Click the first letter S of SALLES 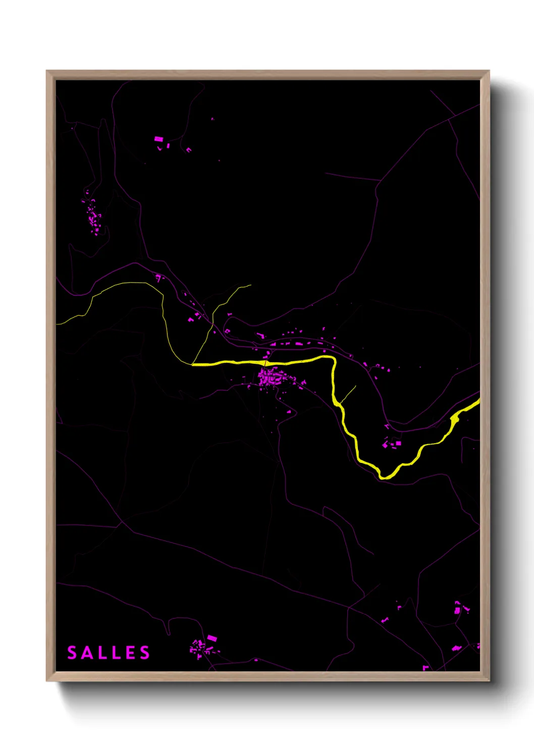tap(72, 653)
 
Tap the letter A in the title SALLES tap(87, 653)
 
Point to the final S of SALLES tap(145, 653)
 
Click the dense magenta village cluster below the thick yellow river tap(271, 377)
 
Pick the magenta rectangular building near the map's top tap(158, 139)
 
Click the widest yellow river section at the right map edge tap(456, 417)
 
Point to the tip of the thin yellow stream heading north tap(250, 285)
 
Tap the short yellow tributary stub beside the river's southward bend tap(349, 394)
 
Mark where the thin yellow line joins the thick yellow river tap(192, 363)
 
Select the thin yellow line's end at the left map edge tap(58, 324)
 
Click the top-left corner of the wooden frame tap(47, 71)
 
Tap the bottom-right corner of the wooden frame tap(489, 680)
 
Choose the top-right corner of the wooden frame tap(489, 71)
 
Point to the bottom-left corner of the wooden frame tap(47, 680)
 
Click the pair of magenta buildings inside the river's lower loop tap(393, 444)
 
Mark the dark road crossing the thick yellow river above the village tap(265, 362)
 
